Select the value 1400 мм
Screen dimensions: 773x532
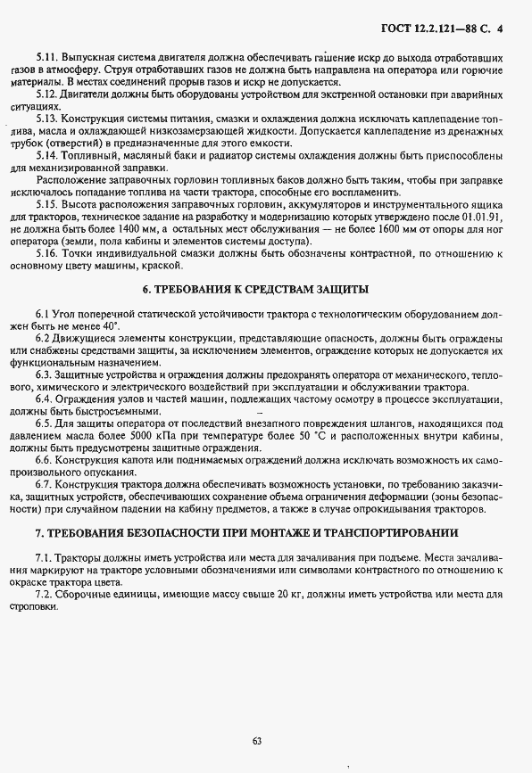(117, 228)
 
